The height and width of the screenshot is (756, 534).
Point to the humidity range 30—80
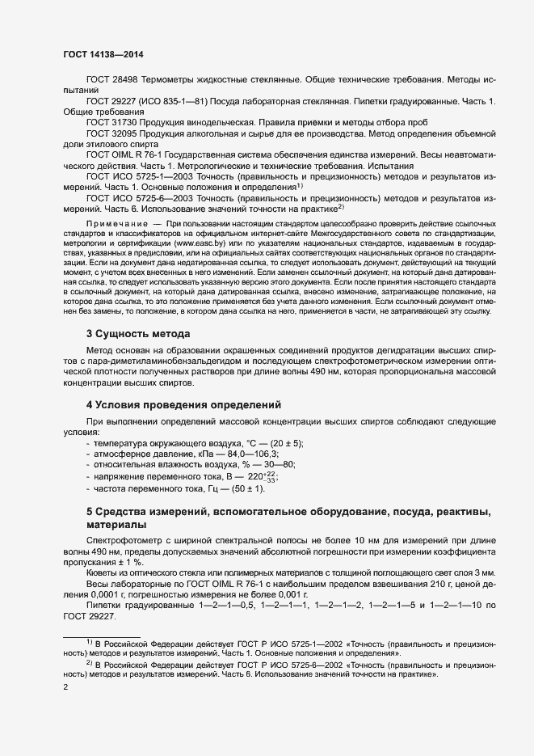click(277, 465)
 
